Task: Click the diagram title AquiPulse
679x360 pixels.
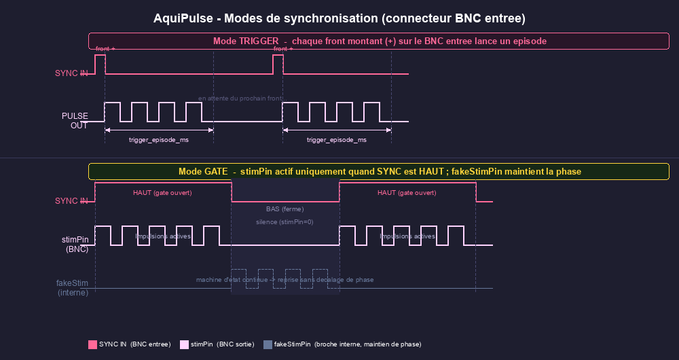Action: pos(339,18)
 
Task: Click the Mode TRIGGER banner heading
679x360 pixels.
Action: pos(379,41)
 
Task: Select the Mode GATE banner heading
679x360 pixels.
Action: pos(379,171)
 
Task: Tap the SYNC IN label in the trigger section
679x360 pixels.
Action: pos(71,73)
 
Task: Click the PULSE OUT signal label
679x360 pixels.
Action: pos(75,120)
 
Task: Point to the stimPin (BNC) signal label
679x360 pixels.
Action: pos(75,245)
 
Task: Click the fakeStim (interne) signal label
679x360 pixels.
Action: pos(72,287)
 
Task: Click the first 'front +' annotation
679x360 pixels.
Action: pos(105,49)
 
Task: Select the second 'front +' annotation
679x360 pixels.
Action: pos(283,49)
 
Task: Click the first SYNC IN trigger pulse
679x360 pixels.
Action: pos(100,64)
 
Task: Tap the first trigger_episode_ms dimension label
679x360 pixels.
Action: pos(159,140)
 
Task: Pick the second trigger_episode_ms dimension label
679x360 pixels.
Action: pos(337,140)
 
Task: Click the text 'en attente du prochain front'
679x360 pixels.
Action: pos(240,98)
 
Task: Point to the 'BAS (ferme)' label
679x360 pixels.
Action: pos(285,209)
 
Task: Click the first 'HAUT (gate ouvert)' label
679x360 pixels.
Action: pos(162,193)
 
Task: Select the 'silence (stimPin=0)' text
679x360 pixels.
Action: pos(285,222)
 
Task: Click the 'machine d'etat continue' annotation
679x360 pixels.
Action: pos(285,280)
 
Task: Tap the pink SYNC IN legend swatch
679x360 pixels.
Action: pos(92,344)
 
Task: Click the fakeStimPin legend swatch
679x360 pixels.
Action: pos(268,344)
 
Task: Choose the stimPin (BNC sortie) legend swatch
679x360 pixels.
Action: pos(184,344)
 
